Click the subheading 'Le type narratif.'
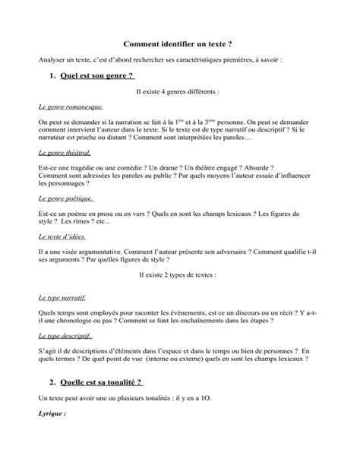pos(62,299)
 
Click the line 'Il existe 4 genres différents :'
pos(180,91)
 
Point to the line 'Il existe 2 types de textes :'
pos(179,274)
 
